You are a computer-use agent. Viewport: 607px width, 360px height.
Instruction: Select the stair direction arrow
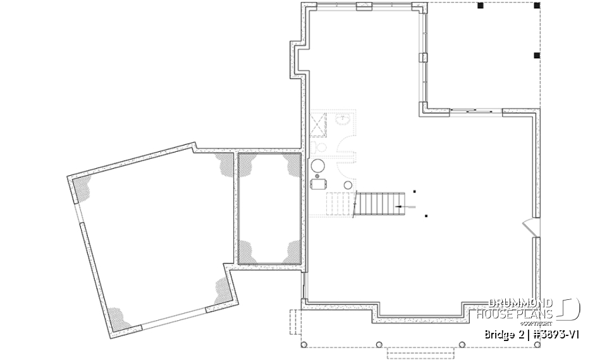pos(404,206)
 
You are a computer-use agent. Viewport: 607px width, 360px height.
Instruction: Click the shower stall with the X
pos(318,123)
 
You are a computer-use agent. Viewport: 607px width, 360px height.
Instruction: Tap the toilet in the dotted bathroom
pos(320,147)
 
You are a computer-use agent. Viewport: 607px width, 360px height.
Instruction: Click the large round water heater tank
pos(318,167)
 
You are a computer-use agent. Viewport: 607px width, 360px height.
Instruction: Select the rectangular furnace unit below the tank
pos(318,184)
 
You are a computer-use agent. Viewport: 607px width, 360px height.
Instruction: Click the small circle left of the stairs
pos(347,185)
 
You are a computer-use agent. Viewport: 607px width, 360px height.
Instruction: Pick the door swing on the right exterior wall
pos(528,227)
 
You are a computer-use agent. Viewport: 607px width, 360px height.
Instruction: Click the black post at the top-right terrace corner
pos(537,6)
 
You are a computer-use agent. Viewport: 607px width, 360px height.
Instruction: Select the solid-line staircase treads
pos(376,204)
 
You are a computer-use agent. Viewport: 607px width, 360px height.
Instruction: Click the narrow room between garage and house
pos(269,208)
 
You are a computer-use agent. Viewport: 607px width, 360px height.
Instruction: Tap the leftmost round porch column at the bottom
pos(304,345)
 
